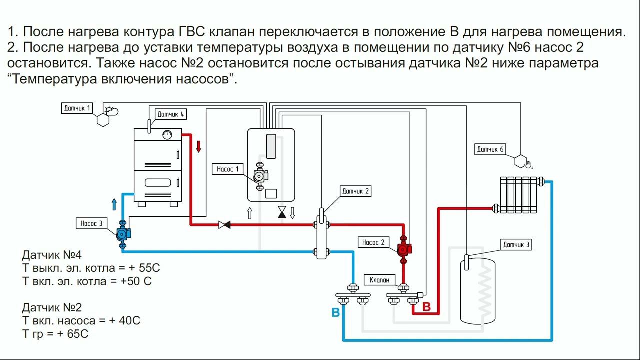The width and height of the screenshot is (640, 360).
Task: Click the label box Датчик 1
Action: click(x=78, y=108)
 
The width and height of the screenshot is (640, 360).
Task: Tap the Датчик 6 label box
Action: click(x=490, y=149)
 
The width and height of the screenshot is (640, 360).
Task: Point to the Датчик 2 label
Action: click(x=356, y=191)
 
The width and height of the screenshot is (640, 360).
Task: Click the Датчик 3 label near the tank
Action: click(x=516, y=244)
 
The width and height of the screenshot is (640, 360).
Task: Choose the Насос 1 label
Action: click(x=228, y=169)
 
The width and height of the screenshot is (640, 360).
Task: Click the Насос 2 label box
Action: click(x=373, y=242)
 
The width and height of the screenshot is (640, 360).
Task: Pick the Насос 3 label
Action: click(x=91, y=223)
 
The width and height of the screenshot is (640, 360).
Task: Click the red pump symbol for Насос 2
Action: click(x=403, y=249)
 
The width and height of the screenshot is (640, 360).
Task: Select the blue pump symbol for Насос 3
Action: click(x=122, y=233)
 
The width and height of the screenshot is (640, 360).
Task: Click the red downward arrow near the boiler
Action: click(x=199, y=146)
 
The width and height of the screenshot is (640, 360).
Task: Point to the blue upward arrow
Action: click(x=114, y=203)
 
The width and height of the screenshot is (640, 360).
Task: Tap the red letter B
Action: click(x=426, y=307)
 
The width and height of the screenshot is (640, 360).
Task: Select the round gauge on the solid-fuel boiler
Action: click(x=167, y=134)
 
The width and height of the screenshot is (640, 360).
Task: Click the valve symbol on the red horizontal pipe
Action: click(x=224, y=225)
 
